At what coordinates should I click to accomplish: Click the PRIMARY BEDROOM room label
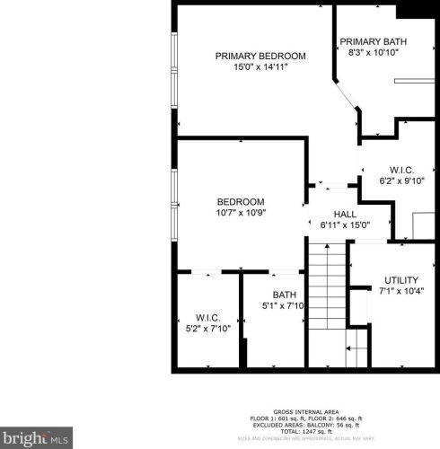click(x=260, y=56)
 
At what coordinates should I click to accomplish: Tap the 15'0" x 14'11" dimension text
click(x=260, y=66)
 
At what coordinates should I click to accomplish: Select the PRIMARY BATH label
click(x=373, y=41)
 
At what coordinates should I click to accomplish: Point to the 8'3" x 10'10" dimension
click(x=373, y=52)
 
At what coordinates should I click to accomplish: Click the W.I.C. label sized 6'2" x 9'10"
click(x=400, y=170)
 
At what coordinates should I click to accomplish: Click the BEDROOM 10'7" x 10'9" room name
click(x=241, y=201)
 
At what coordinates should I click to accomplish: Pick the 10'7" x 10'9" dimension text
click(x=241, y=212)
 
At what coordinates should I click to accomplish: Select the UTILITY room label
click(x=400, y=280)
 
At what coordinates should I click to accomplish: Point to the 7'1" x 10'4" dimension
click(x=400, y=291)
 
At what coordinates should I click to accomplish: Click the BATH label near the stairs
click(x=285, y=295)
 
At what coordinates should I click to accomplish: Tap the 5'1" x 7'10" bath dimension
click(x=285, y=305)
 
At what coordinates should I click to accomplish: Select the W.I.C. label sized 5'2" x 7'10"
click(x=208, y=318)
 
